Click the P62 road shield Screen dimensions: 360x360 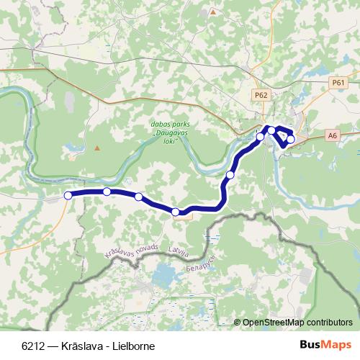[x=261, y=94]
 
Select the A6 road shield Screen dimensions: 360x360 [x=331, y=135]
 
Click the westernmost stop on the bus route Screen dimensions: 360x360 [x=68, y=195]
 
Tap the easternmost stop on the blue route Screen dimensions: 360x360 [x=291, y=139]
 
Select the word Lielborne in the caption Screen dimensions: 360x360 [x=133, y=346]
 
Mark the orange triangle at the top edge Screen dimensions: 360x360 [x=212, y=12]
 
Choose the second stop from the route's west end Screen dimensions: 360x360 [x=107, y=192]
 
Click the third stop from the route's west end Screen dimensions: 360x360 [x=138, y=197]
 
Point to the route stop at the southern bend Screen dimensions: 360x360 [x=176, y=212]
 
